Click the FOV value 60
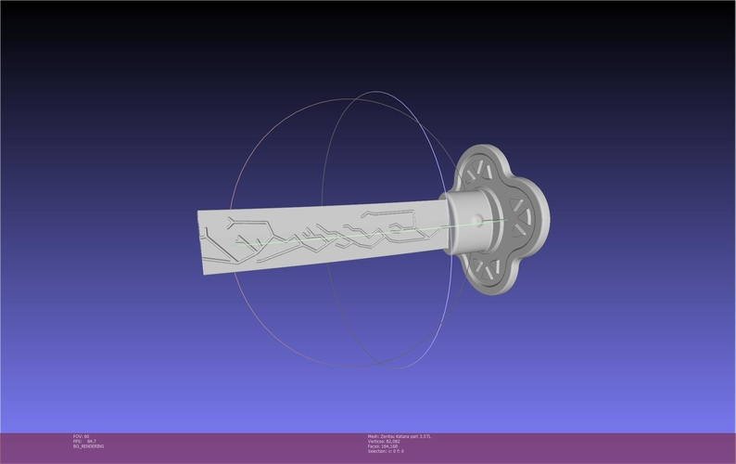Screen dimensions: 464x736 (x=86, y=436)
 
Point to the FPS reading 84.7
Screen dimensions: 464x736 (x=92, y=441)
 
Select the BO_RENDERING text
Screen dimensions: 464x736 (x=89, y=446)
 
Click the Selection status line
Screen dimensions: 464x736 (x=388, y=451)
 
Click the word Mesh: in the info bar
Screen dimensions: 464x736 (x=374, y=436)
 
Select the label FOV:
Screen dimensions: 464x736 (x=78, y=436)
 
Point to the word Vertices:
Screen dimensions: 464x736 (x=376, y=441)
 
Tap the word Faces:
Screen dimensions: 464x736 (x=374, y=445)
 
